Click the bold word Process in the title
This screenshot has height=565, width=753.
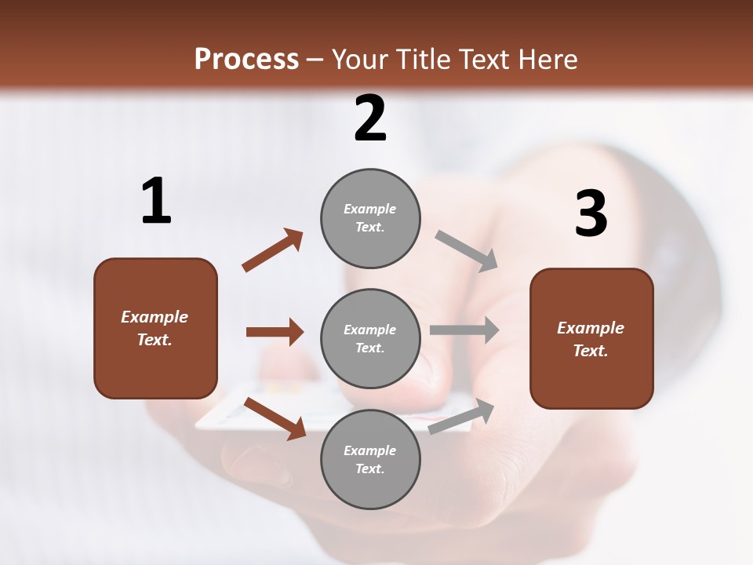(246, 60)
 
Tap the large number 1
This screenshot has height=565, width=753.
(156, 202)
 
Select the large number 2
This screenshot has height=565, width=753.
(370, 118)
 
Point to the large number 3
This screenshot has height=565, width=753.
(591, 213)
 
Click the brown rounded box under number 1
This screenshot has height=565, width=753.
(155, 328)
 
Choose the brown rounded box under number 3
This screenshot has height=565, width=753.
(591, 339)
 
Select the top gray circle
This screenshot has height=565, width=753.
(370, 218)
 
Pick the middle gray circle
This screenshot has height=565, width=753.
(370, 338)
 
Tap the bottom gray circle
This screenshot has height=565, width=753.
(370, 459)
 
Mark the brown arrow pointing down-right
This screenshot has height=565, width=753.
(275, 418)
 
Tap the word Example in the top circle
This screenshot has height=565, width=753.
(369, 209)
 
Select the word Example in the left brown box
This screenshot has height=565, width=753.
(155, 317)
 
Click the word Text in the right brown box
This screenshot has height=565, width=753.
(590, 351)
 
